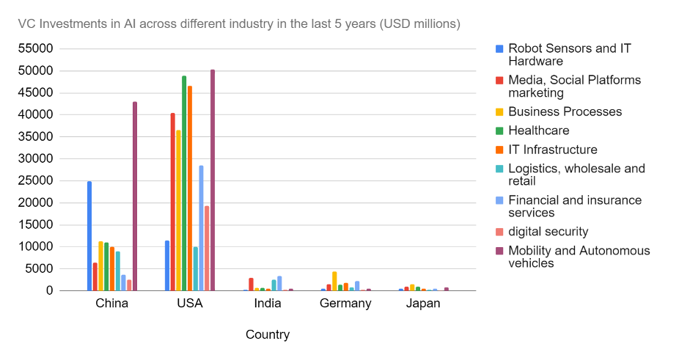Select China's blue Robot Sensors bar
tap(89, 236)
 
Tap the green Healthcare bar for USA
tap(184, 183)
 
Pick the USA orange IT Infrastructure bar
tap(190, 188)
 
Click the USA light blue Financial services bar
tap(201, 228)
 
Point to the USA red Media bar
tap(173, 202)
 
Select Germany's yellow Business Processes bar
tap(334, 282)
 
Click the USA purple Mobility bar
tap(213, 180)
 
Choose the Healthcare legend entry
tap(538, 131)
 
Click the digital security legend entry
tap(548, 232)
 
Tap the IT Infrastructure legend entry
tap(552, 150)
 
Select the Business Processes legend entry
tap(565, 111)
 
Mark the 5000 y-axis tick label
tap(39, 269)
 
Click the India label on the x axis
tap(268, 304)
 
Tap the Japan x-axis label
tap(423, 304)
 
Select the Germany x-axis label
tap(345, 304)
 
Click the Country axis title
tap(268, 335)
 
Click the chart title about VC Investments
tap(239, 23)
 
